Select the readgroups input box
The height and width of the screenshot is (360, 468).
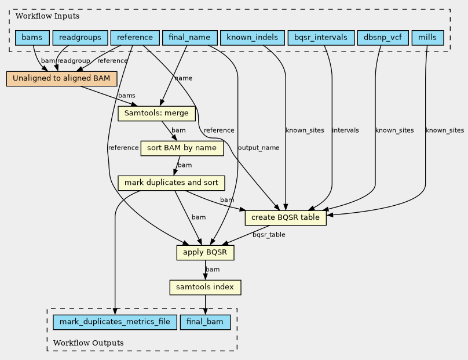tap(81, 38)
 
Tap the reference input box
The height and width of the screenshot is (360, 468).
tap(134, 38)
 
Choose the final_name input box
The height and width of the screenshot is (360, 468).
tap(189, 38)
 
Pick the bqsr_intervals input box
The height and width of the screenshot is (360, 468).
tap(320, 38)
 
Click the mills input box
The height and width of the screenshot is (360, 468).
tap(427, 38)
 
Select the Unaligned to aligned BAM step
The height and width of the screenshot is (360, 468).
tap(61, 79)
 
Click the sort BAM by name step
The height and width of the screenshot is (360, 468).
tap(182, 148)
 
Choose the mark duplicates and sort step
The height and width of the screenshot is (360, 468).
tap(171, 183)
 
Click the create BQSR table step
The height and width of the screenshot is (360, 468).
tap(286, 218)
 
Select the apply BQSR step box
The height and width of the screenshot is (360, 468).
tap(206, 253)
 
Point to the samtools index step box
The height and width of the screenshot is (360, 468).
tap(205, 288)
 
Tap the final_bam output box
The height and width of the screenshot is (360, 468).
tap(206, 322)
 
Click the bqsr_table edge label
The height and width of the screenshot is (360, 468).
tap(269, 235)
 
